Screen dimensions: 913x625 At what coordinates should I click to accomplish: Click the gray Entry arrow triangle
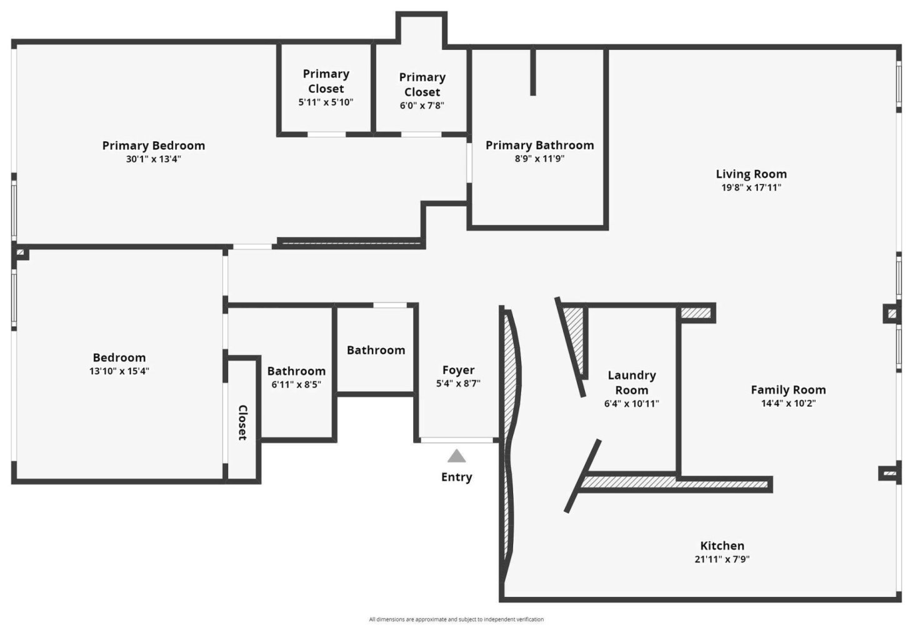[456, 457]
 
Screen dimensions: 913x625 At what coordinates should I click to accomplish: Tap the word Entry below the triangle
[456, 477]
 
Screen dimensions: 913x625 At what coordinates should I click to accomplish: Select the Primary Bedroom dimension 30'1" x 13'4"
[153, 159]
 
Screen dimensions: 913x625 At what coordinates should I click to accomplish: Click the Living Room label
[751, 174]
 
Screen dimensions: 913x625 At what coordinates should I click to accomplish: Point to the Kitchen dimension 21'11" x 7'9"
[722, 559]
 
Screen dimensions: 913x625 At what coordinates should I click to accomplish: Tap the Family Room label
[788, 390]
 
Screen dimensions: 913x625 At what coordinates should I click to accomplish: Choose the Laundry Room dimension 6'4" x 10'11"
[631, 404]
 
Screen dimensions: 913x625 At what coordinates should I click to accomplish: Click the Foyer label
[458, 370]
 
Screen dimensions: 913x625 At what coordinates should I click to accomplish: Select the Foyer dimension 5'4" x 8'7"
[458, 383]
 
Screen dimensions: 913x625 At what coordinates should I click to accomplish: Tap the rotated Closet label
[242, 422]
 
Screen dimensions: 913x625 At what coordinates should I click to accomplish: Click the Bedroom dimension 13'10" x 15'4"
[119, 371]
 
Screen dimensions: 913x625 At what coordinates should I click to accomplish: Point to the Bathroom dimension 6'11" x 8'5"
[296, 384]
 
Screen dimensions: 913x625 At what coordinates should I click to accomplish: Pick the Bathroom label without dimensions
[376, 350]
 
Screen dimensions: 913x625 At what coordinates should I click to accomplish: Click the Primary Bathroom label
[540, 146]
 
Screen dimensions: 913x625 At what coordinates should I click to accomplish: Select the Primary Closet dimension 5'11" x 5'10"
[326, 102]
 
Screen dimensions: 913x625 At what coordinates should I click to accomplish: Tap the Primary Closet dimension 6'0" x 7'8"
[422, 106]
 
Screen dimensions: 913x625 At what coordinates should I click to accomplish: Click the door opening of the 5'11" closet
[326, 134]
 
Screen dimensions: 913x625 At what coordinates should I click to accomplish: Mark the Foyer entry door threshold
[456, 440]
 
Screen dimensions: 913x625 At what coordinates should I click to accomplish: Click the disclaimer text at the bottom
[456, 619]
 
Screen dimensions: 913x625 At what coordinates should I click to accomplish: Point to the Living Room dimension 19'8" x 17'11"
[751, 187]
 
